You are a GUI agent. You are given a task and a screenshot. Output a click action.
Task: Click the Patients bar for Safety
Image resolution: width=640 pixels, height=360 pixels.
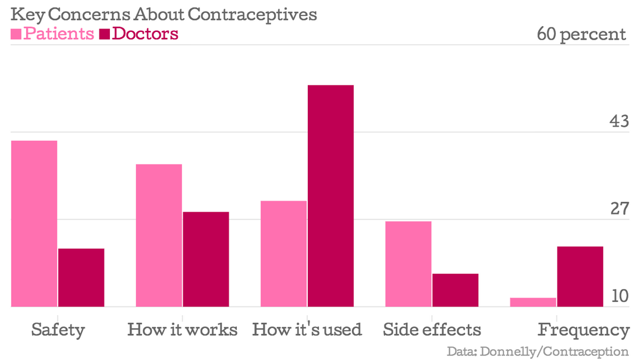point(34,223)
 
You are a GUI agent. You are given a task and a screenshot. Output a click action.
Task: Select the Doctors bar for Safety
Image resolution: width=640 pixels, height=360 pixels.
point(81,277)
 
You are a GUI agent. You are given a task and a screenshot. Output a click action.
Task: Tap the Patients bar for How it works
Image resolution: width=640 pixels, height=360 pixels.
point(159,235)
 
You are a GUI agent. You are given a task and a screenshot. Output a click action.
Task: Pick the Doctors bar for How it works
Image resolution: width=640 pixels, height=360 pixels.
point(206,259)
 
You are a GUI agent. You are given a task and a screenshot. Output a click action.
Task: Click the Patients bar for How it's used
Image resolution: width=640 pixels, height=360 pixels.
point(283,254)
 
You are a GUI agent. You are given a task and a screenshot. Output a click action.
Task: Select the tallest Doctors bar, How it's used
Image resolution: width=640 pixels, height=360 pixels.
point(330,195)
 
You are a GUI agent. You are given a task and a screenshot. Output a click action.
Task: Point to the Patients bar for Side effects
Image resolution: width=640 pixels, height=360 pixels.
point(408,263)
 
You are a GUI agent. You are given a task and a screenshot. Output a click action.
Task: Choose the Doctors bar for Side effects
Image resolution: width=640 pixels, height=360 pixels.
point(455,290)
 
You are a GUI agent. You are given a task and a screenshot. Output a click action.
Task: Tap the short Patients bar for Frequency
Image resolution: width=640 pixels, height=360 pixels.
point(533,302)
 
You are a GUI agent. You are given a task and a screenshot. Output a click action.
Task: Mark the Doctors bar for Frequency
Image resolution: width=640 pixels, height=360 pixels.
point(580,276)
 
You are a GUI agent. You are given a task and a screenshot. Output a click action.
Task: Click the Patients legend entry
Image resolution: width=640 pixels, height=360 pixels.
point(52,34)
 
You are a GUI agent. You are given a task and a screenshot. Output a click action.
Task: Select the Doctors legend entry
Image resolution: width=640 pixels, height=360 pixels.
point(138,34)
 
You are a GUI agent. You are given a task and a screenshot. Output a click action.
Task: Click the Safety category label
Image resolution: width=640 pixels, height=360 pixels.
point(58,330)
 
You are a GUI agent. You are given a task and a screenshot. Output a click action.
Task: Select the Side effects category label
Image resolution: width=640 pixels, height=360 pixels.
point(432,330)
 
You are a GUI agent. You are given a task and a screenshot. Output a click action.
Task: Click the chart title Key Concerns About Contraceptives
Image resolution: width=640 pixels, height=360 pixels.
point(163,15)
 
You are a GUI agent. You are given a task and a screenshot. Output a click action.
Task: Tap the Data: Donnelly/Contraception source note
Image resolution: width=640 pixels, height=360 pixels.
point(538,351)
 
